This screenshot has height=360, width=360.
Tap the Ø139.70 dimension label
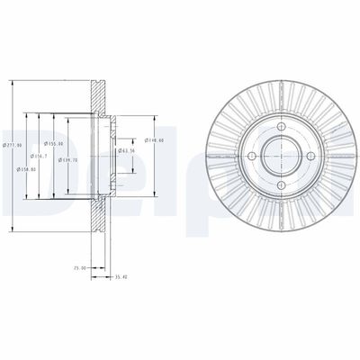(65, 160)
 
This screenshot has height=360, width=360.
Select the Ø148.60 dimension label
(154, 140)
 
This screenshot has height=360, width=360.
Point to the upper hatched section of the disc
(98, 92)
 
